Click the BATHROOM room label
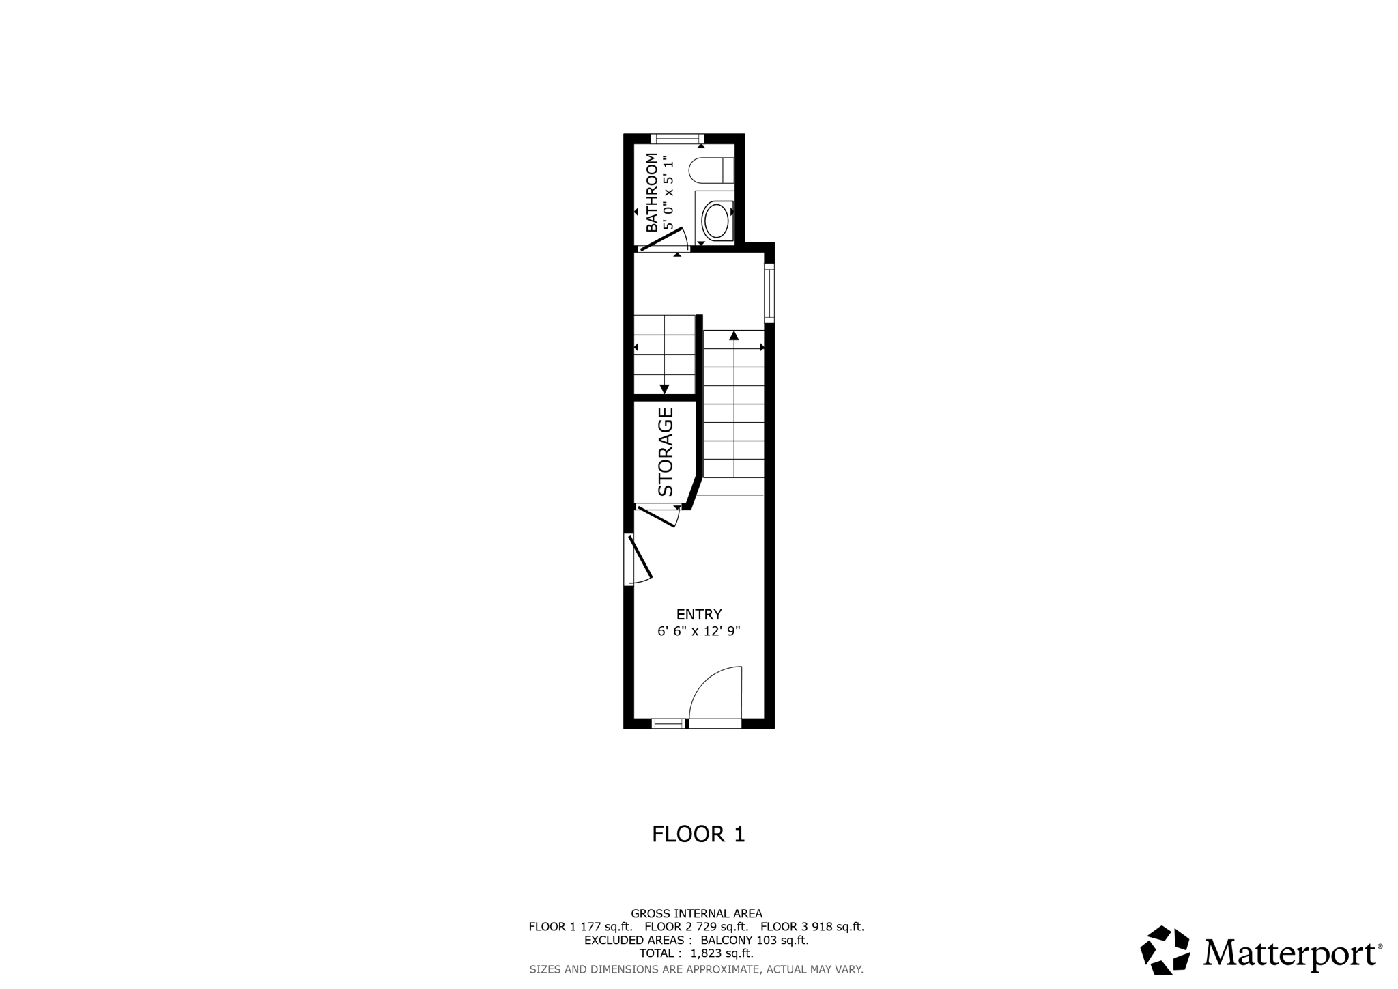click(652, 193)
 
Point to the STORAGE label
click(666, 452)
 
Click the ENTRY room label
click(698, 615)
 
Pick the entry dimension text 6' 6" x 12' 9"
click(698, 632)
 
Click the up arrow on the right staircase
click(734, 335)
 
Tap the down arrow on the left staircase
click(664, 389)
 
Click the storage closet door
click(657, 516)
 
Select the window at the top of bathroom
click(676, 139)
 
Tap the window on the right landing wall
click(769, 293)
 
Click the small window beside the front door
click(668, 723)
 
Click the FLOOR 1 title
click(698, 835)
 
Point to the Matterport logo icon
click(1165, 949)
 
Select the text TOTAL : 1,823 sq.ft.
click(696, 953)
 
